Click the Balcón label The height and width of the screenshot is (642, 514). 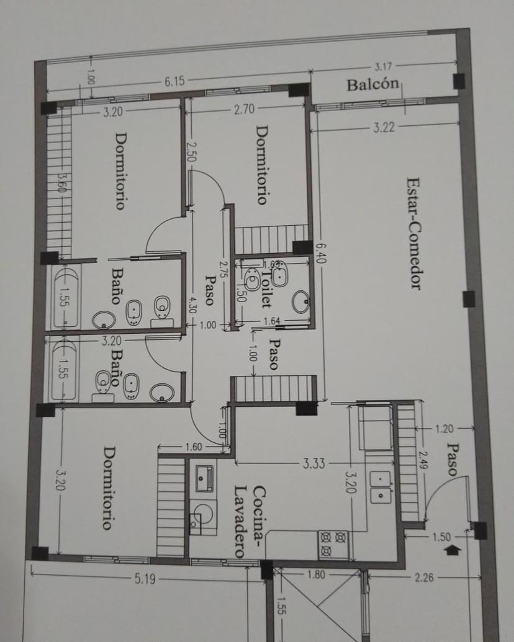point(372,84)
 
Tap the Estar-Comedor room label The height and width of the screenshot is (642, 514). point(414,233)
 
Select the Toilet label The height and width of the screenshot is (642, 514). point(266,288)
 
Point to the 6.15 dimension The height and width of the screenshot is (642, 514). point(174,81)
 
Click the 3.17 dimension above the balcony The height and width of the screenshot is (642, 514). point(383,66)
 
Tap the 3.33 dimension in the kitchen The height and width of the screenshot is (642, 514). point(313,463)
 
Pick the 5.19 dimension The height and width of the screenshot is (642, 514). point(145,579)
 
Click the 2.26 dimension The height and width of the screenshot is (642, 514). point(424,577)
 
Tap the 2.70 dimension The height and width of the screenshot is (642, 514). point(245,109)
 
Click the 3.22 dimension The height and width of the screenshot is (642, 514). point(384,128)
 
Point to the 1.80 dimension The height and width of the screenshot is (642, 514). point(316,574)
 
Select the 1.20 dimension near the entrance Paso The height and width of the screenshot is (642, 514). point(444,429)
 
